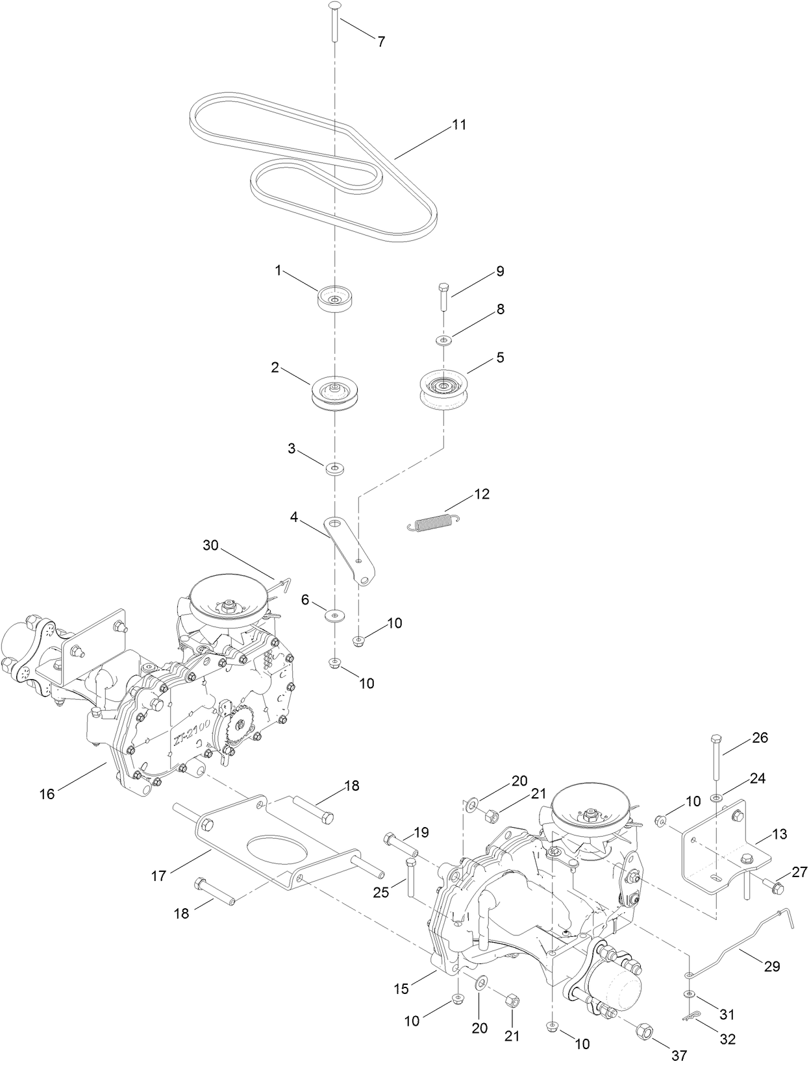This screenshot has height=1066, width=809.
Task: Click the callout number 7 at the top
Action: tap(381, 42)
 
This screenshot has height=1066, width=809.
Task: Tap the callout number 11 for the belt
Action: tap(459, 125)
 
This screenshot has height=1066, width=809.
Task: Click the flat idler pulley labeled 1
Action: tap(335, 299)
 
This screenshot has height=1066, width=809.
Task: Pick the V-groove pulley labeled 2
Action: tap(334, 391)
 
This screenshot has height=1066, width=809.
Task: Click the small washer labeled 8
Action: tap(443, 340)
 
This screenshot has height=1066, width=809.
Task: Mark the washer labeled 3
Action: tap(335, 467)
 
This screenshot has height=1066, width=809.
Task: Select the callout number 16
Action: tap(47, 793)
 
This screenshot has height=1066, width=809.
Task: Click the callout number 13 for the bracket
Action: tap(780, 834)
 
